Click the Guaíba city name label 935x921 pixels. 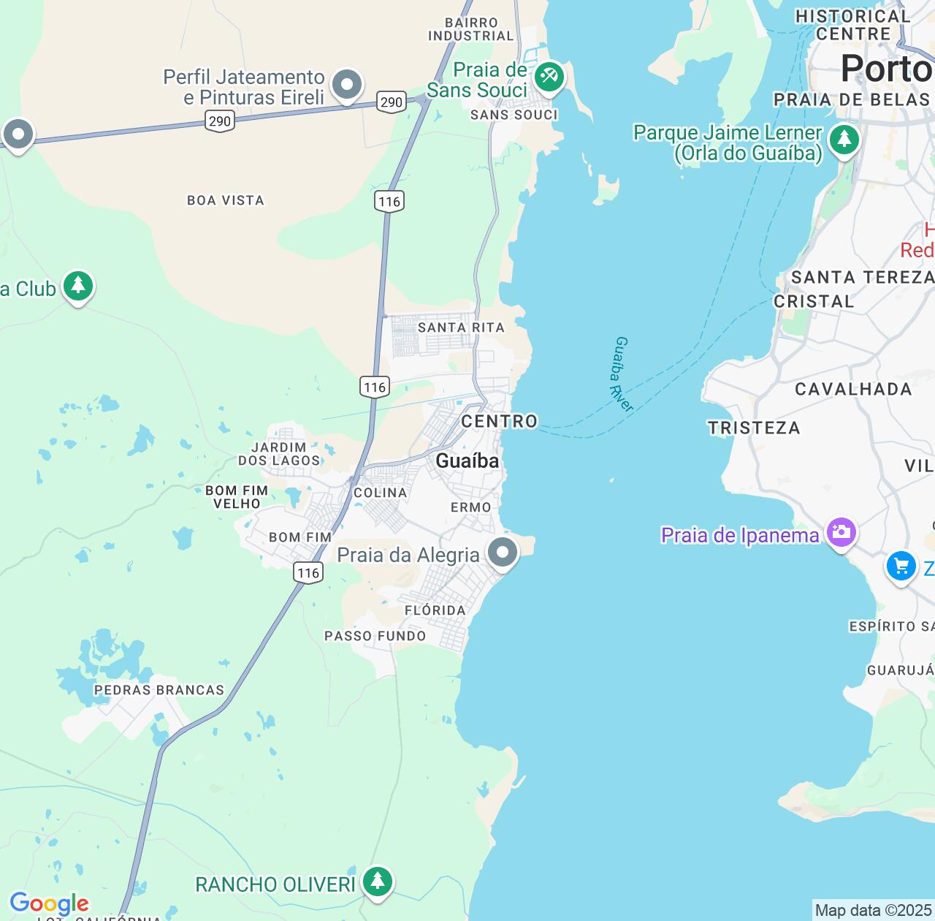tap(467, 460)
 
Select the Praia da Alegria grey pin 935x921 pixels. tap(503, 552)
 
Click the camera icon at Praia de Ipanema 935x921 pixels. tap(841, 531)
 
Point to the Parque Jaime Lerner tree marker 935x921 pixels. tap(844, 139)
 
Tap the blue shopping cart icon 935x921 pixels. tap(901, 566)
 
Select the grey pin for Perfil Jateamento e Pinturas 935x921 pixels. tap(347, 85)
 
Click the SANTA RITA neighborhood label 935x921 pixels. tap(461, 327)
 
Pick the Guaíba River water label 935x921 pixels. tap(623, 374)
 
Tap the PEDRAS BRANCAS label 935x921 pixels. tap(159, 690)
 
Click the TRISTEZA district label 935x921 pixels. tap(754, 428)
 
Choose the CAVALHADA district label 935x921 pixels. tap(853, 389)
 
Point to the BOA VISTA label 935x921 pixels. tap(226, 200)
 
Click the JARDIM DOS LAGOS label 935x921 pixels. tap(279, 454)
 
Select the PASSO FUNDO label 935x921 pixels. tap(375, 636)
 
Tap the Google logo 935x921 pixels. tap(49, 903)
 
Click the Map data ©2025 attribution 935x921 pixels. tap(873, 910)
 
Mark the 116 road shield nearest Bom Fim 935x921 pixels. tap(308, 572)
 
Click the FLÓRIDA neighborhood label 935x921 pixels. tap(435, 610)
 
